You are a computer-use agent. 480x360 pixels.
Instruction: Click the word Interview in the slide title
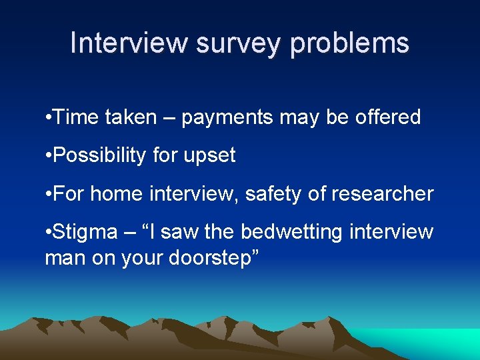(129, 43)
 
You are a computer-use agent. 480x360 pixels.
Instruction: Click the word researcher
(385, 194)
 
